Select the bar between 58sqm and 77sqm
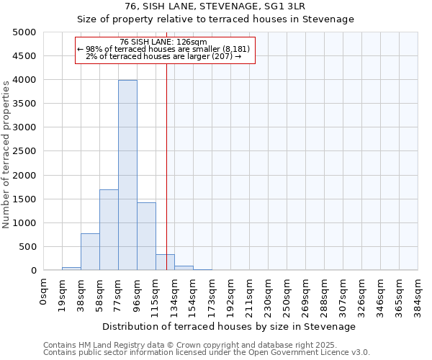pos(109,230)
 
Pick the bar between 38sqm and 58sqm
pos(90,252)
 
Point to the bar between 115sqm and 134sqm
pos(165,262)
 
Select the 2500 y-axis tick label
pos(24,151)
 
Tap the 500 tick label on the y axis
pos(27,247)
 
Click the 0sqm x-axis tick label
pos(43,292)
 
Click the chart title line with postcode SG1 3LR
pos(215,6)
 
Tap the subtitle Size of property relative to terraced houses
pos(215,19)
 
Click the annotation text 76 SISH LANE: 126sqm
pos(163,42)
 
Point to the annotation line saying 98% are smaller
pos(163,49)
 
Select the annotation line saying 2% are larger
pos(163,56)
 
